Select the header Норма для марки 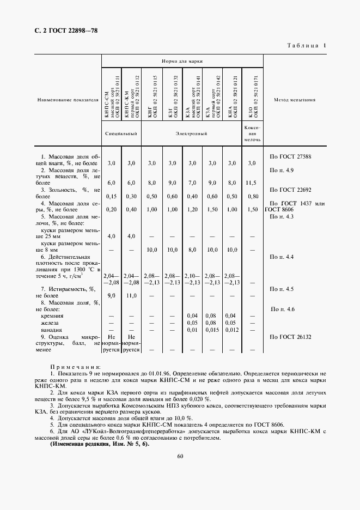(182, 62)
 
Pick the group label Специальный (121, 133)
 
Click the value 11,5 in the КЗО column (252, 183)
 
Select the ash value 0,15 (111, 196)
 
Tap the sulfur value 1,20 (192, 209)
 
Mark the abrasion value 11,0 (131, 296)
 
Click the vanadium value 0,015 (212, 330)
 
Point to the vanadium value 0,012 (231, 330)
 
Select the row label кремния (52, 316)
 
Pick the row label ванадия (52, 330)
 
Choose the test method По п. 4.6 (283, 309)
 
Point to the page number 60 (180, 456)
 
